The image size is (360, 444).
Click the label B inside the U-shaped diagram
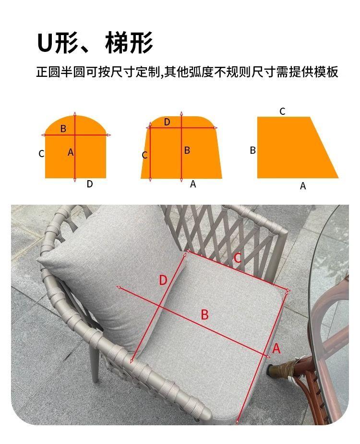63,129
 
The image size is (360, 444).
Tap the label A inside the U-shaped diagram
71,153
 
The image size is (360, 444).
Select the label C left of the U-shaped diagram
41,154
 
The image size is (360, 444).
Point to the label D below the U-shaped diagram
90,184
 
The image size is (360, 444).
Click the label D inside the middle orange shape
167,122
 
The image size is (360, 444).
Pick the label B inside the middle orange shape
187,150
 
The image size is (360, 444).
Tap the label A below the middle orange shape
193,184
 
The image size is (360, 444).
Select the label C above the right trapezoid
282,111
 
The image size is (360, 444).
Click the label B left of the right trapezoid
253,150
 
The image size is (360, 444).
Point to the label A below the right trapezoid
303,186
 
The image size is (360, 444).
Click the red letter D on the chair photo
163,280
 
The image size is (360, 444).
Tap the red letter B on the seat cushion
205,315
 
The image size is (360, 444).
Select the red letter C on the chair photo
238,258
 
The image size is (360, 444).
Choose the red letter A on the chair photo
276,348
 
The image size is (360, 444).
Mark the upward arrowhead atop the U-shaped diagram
75,114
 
